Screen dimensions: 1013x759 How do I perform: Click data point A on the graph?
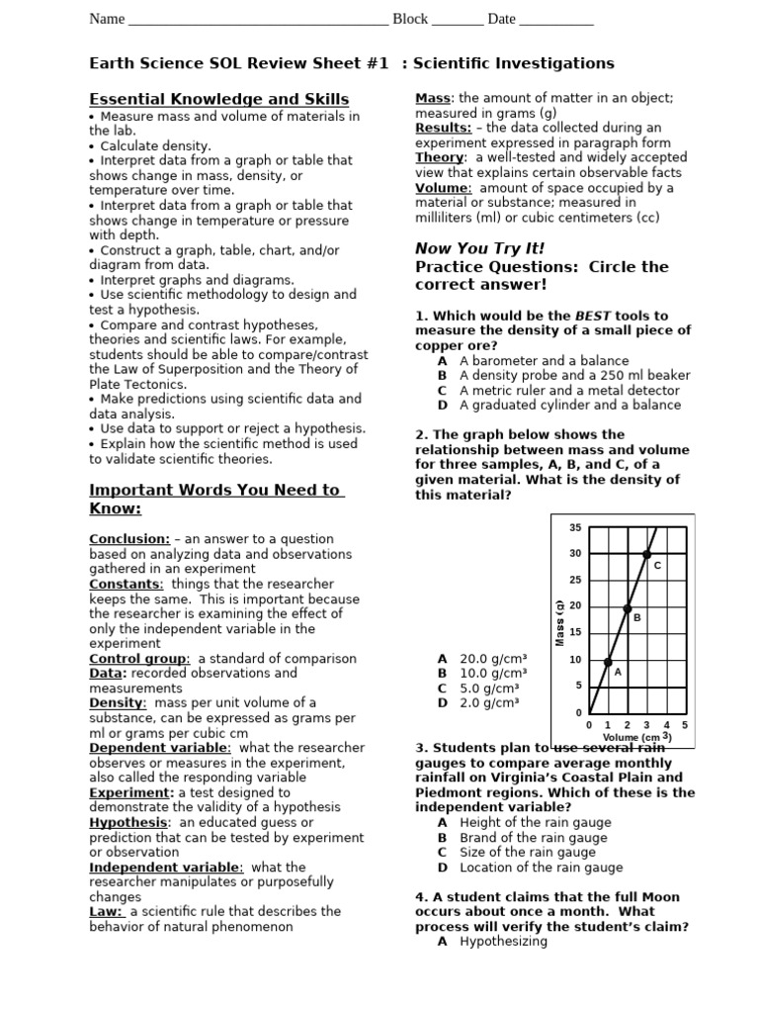tap(608, 661)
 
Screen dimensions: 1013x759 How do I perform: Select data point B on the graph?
tap(628, 608)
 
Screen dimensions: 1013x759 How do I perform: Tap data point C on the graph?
tap(646, 555)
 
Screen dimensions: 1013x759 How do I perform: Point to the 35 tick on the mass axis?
tap(575, 527)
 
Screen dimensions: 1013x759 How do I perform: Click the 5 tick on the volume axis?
tap(685, 725)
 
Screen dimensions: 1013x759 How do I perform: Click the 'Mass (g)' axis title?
tap(559, 622)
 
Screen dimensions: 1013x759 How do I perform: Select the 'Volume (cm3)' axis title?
tap(637, 737)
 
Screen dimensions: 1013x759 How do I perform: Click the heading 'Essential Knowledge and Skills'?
tap(218, 99)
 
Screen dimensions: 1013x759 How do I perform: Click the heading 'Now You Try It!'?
tap(479, 247)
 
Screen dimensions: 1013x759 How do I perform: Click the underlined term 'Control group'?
tap(138, 658)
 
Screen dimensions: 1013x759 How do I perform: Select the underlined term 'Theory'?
tap(439, 157)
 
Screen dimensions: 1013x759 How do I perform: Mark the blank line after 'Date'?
tap(555, 20)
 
